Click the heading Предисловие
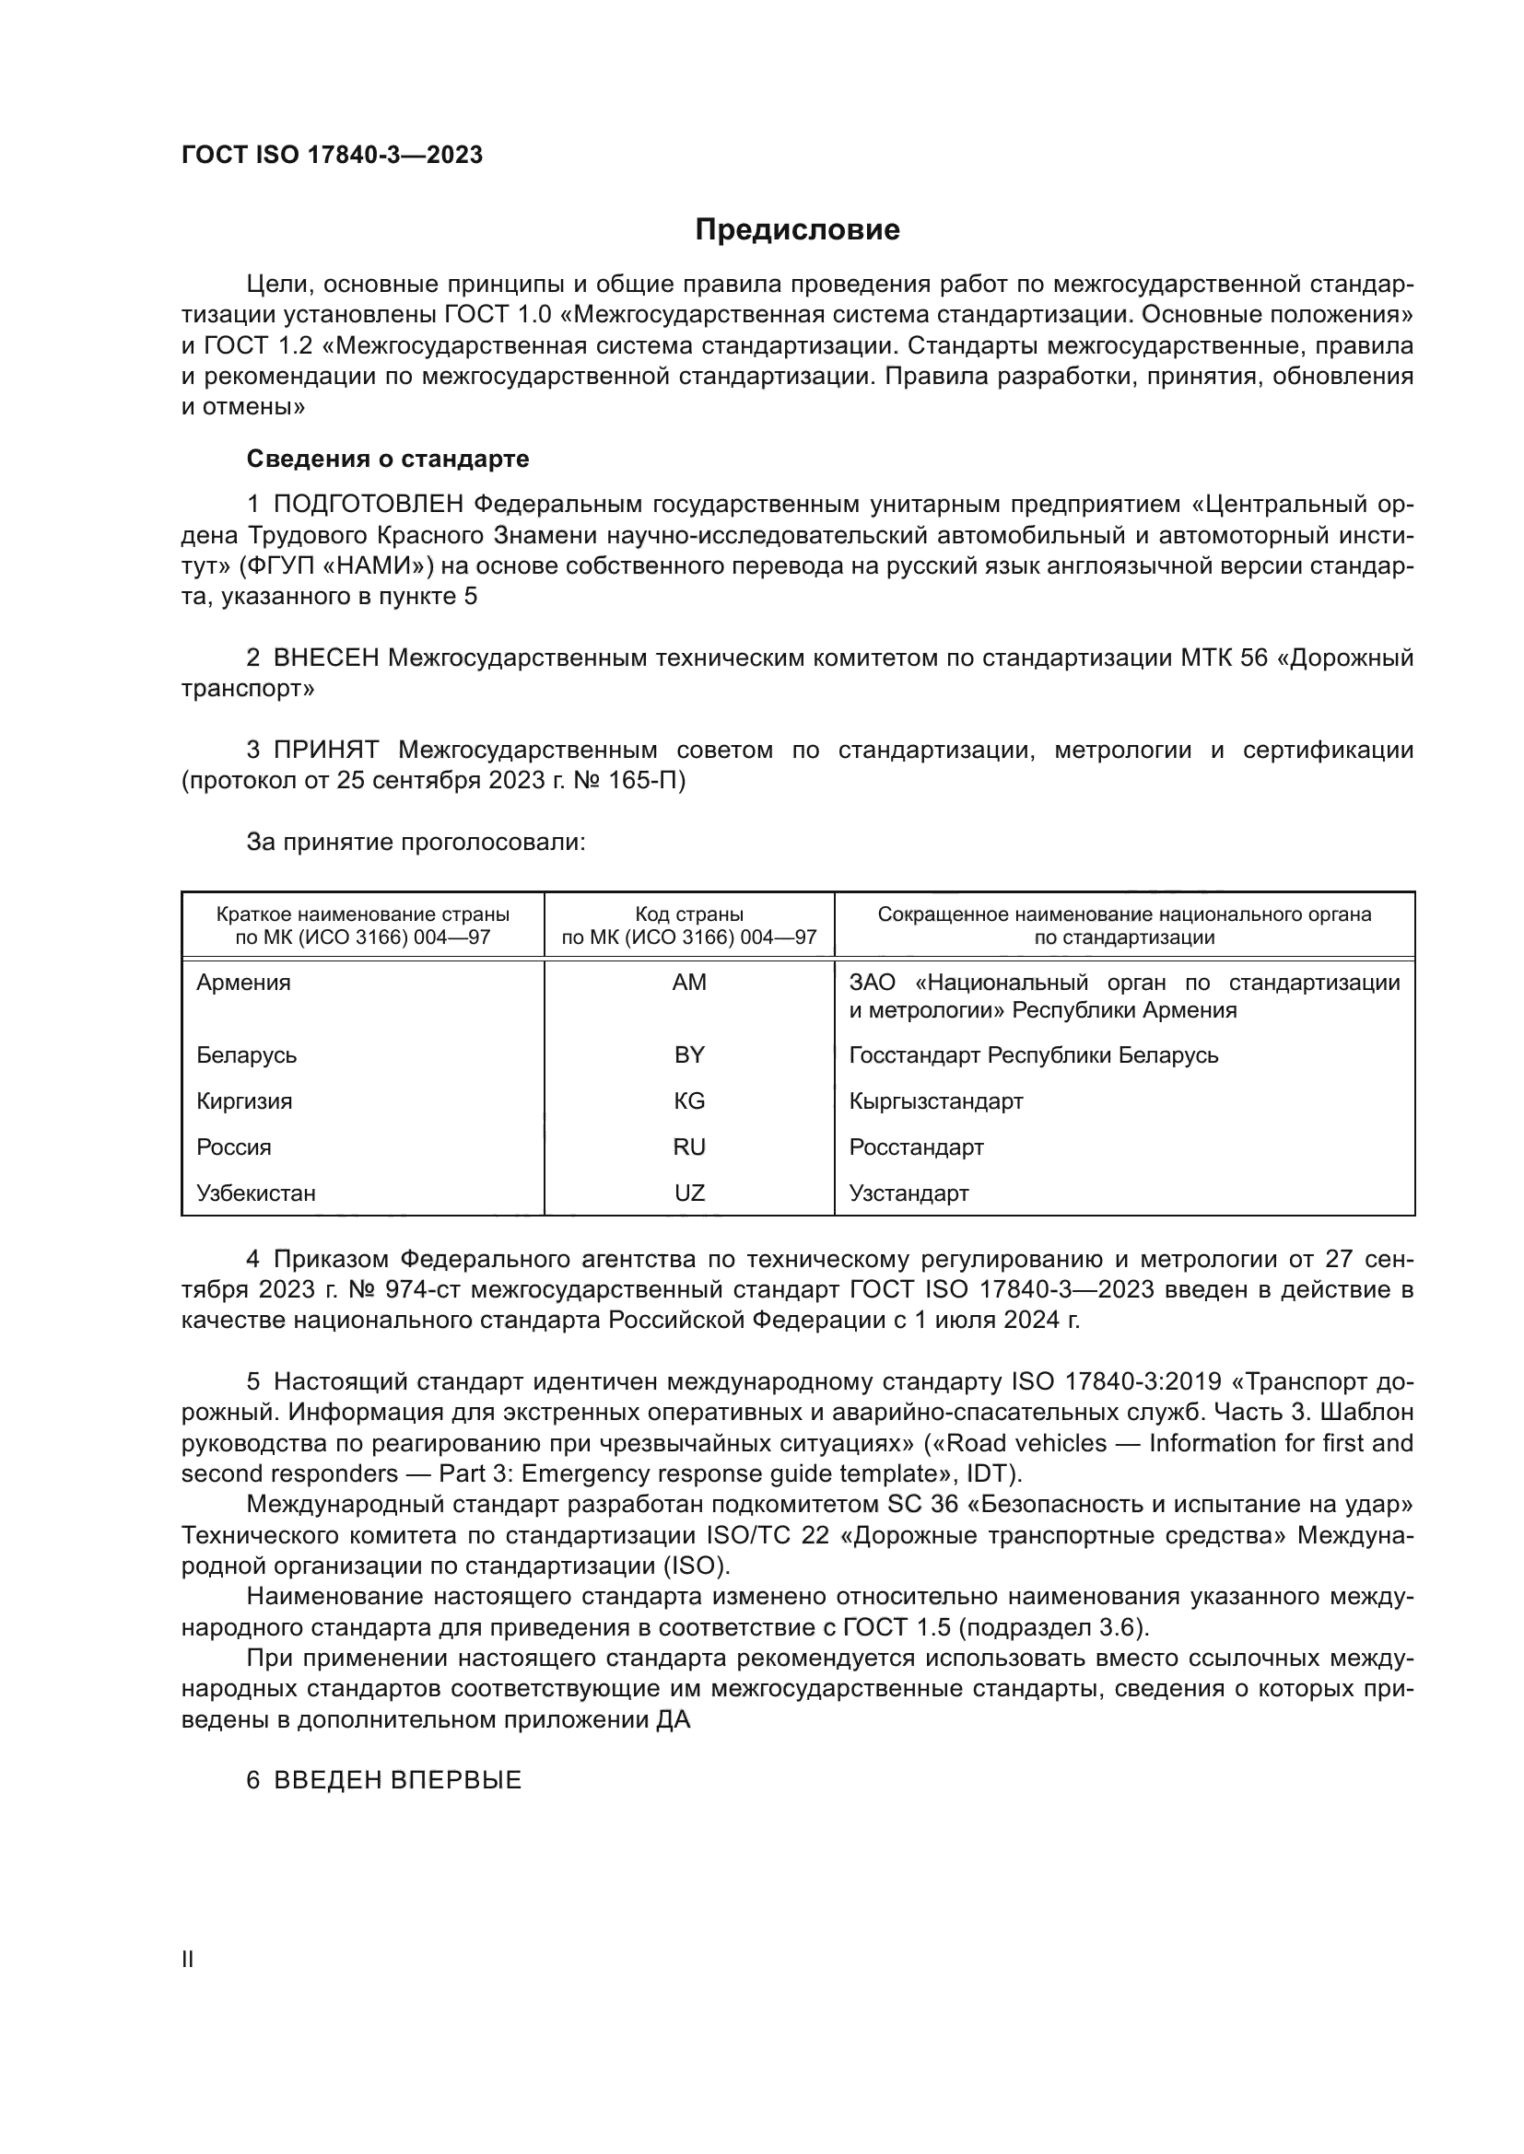(x=797, y=230)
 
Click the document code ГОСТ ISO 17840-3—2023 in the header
(x=333, y=155)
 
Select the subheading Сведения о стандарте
(x=388, y=459)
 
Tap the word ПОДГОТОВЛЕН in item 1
(x=369, y=505)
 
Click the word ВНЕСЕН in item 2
(x=326, y=658)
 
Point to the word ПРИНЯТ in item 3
(x=326, y=751)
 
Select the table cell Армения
(x=244, y=984)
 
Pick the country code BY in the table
(x=689, y=1055)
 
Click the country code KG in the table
(x=689, y=1101)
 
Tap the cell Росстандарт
(x=916, y=1147)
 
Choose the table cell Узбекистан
(x=256, y=1193)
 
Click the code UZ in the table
(x=689, y=1193)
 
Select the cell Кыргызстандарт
(x=935, y=1101)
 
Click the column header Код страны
(x=689, y=914)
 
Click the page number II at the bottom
(x=188, y=1960)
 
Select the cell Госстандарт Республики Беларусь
(x=1033, y=1055)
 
